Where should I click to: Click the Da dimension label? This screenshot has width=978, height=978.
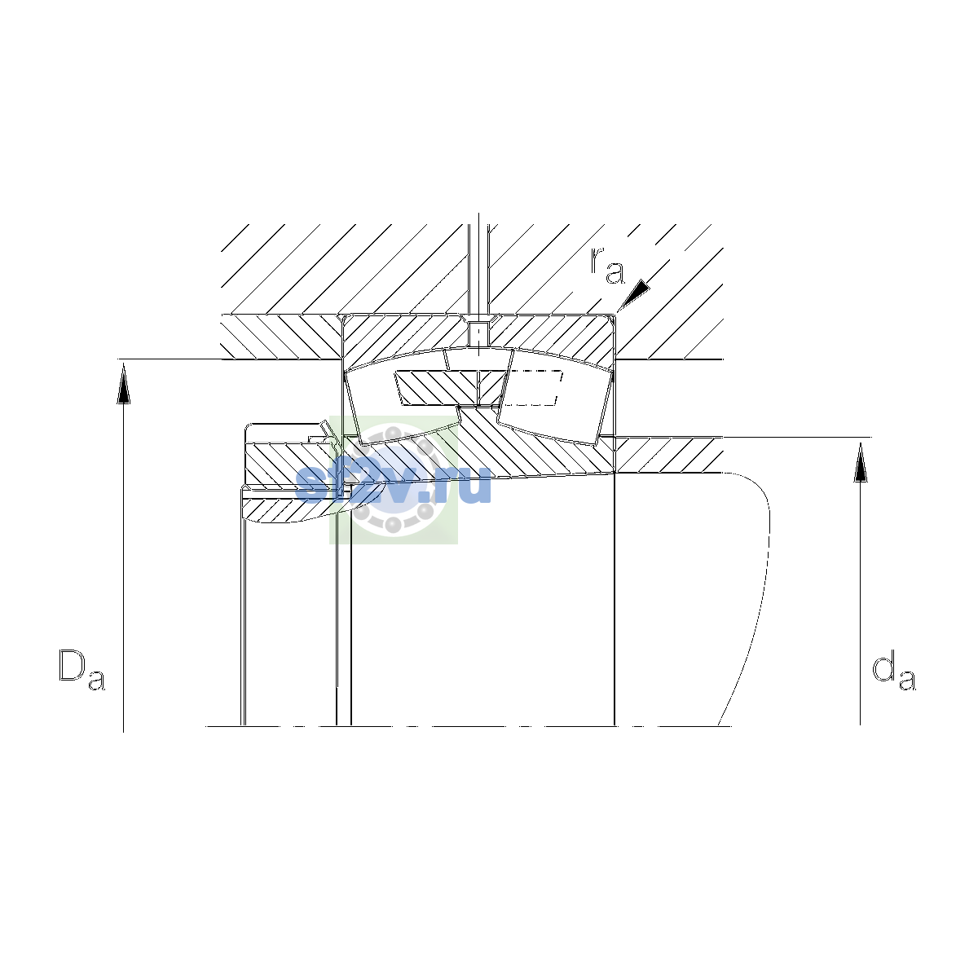[x=81, y=669]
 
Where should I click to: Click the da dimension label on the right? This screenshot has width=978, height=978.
[x=894, y=672]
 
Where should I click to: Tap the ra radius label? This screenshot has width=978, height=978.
[x=607, y=266]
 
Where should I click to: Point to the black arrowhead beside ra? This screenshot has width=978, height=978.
[x=633, y=295]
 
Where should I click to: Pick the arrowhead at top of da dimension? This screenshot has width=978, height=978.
[x=861, y=462]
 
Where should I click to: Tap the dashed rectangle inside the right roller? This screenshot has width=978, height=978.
[x=533, y=388]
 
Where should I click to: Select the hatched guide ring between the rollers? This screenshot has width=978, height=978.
[x=452, y=388]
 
